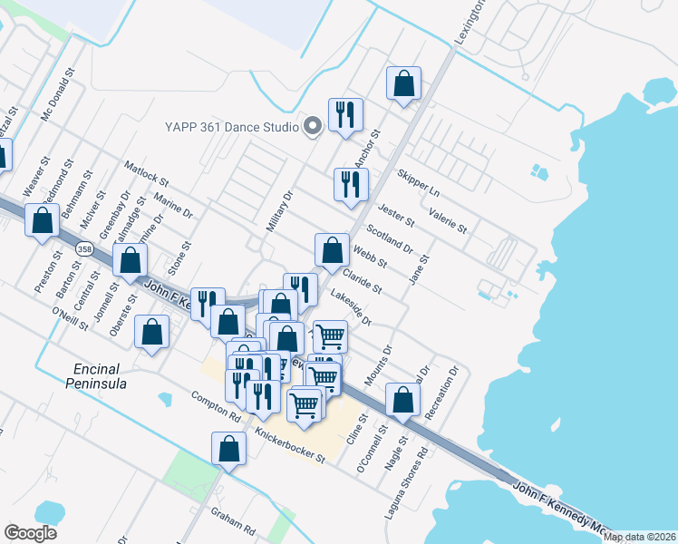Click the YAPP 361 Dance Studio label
230,127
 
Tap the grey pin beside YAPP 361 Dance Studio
313,126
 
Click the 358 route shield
84,248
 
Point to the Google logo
30,533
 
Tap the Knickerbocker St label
290,446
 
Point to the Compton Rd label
216,406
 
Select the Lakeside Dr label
352,307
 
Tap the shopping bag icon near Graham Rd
229,448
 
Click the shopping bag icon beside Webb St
333,249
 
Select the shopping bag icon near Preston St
42,220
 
